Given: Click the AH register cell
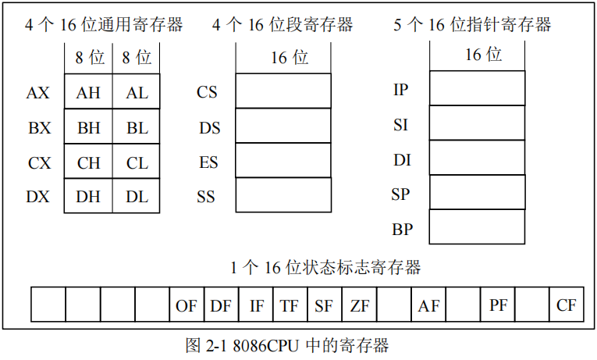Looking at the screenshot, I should [x=88, y=92].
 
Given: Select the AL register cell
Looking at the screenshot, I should [x=137, y=92].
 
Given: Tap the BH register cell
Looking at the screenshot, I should [x=88, y=127].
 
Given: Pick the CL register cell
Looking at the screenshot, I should [x=137, y=162].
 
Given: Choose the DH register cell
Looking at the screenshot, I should [x=88, y=197].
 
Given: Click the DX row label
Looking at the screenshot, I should [x=37, y=197].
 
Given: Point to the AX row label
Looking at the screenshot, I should [x=37, y=93].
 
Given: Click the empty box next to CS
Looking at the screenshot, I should [x=283, y=91].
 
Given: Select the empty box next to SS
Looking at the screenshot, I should [x=283, y=195].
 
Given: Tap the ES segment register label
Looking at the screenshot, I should [x=208, y=162].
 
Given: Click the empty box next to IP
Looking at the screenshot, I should [x=477, y=87].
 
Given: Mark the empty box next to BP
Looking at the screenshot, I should [x=477, y=227].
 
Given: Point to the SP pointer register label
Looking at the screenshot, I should [x=400, y=194].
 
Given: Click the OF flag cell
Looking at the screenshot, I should [x=187, y=305].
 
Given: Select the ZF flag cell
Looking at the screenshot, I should [x=360, y=305].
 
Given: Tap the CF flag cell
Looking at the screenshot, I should [x=567, y=305].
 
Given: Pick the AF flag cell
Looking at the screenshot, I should [x=428, y=305].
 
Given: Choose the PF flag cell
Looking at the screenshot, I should [x=498, y=305].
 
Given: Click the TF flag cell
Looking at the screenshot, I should [x=290, y=305].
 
